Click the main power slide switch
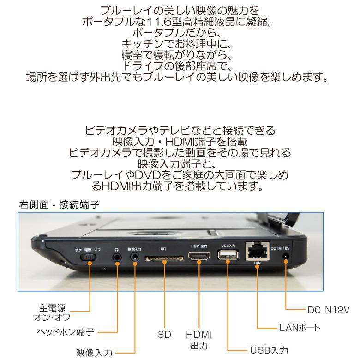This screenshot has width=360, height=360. coord(89,255)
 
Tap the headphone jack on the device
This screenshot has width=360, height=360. coord(118,254)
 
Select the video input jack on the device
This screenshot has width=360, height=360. coord(135,254)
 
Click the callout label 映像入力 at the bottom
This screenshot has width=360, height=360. coord(94,352)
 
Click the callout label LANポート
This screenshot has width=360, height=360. coord(300,328)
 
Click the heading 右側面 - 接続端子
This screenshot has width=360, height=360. coord(59,204)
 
